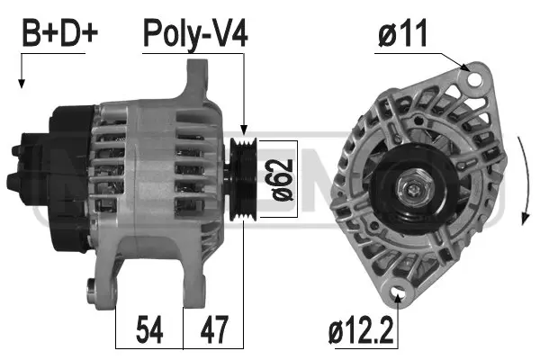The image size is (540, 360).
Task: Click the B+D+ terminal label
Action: pos(59,34)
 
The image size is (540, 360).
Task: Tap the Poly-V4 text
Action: pos(195,34)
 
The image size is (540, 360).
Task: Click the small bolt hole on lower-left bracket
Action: pos(91,288)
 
